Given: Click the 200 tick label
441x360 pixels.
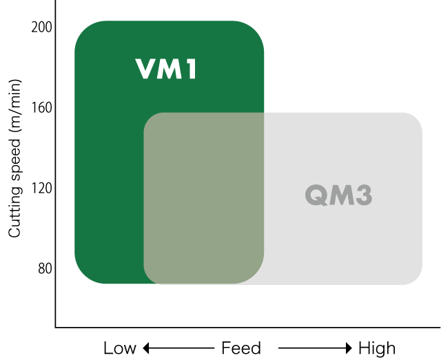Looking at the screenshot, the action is coord(41,28).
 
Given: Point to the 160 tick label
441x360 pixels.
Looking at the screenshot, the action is coord(41,107).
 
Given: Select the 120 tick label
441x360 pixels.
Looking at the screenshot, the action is coord(41,188).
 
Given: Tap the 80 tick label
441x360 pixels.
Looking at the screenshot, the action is coord(45,268).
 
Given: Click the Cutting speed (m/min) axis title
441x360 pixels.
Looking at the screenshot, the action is coord(14,158).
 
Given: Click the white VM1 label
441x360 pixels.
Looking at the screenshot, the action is coord(165,69).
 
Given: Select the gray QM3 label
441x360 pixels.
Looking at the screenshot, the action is coord(338,195).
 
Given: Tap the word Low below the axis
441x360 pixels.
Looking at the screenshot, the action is coord(120,348).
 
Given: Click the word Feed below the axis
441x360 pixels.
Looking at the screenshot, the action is coord(241,348).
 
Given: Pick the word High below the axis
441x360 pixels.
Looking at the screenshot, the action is coord(377,348).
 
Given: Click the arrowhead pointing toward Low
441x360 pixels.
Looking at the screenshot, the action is coord(145,348).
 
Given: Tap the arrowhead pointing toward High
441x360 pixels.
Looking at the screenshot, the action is coord(349,348).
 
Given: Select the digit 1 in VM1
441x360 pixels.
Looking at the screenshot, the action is coord(192,69).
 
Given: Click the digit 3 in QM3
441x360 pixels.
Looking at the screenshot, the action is coord(364,195).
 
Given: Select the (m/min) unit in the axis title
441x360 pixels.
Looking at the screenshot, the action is coord(14,106).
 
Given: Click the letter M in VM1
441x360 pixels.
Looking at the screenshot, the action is coord(170,69).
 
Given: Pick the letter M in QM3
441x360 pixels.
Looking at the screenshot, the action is coord(341,195).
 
